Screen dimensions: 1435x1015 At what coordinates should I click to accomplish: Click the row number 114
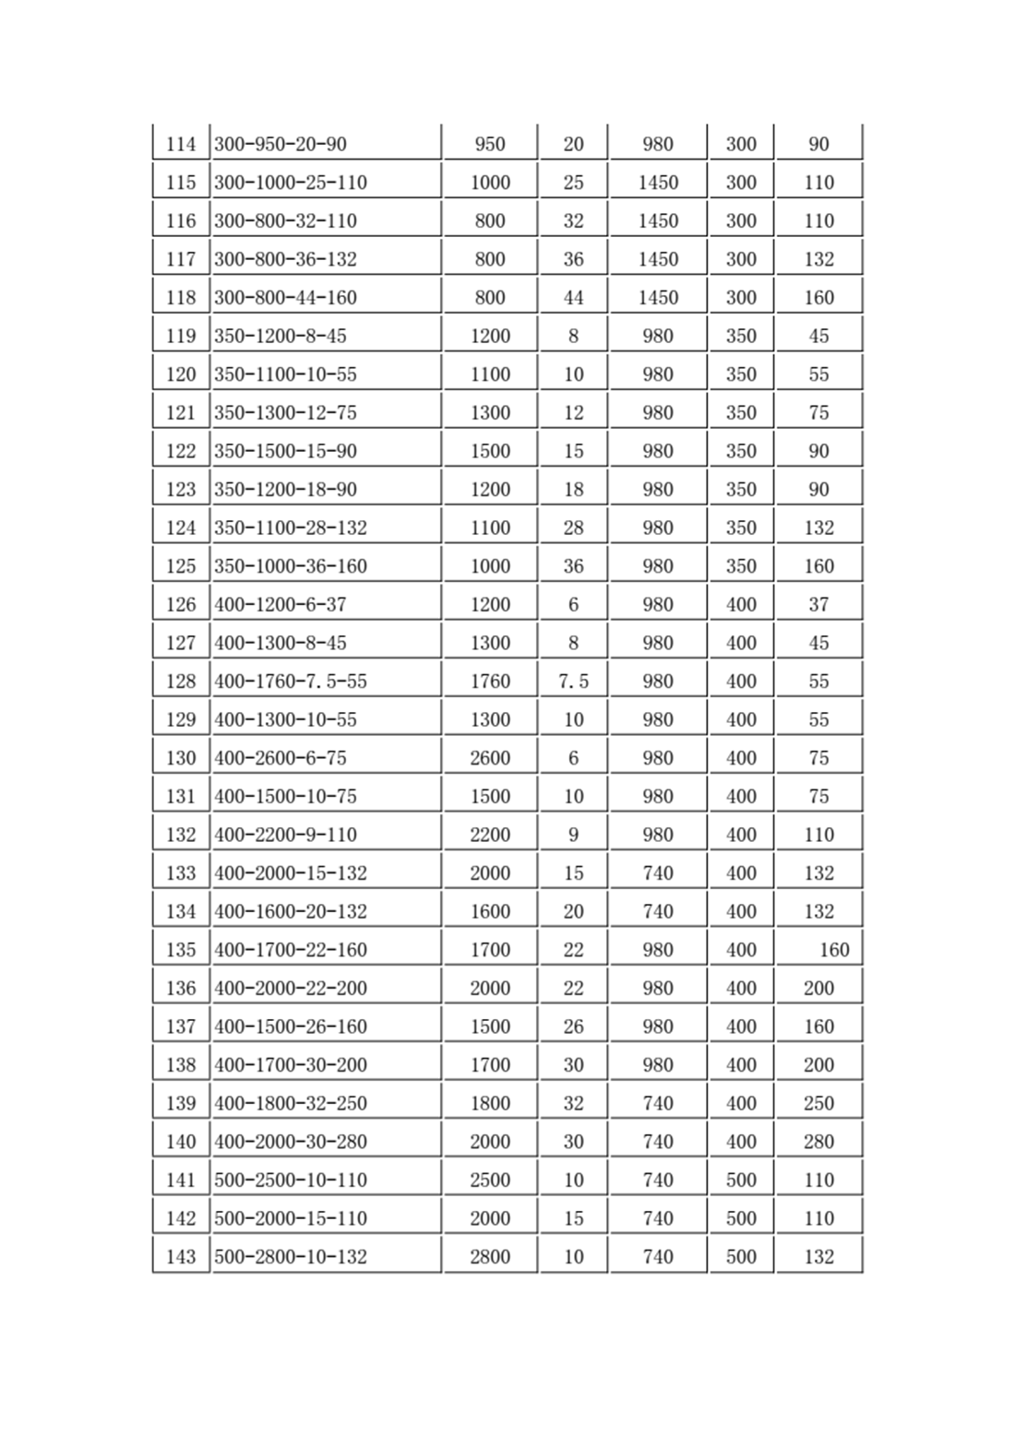(181, 144)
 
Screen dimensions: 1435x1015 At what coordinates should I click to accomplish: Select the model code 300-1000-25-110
(291, 183)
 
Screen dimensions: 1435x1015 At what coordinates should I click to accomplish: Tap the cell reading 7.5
(573, 682)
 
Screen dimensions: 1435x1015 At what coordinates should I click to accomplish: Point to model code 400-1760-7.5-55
(291, 682)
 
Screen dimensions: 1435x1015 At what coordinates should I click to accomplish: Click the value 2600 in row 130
(490, 758)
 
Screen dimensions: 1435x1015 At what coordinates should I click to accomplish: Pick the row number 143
(181, 1256)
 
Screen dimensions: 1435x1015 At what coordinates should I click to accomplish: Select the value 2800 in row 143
(490, 1256)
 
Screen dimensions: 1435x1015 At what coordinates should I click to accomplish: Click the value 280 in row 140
(818, 1142)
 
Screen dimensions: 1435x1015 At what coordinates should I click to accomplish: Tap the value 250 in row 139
(818, 1103)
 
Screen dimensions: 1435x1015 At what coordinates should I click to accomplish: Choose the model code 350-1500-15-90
(285, 451)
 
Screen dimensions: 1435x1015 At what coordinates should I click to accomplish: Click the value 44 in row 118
(573, 298)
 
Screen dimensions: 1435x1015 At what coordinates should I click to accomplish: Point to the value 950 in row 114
(490, 144)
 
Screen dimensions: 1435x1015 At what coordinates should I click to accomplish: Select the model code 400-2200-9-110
(285, 835)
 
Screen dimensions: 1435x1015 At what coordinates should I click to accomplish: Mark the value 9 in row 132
(573, 835)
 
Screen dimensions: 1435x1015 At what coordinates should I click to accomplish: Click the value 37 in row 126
(818, 605)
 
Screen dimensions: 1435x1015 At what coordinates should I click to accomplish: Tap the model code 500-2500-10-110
(291, 1180)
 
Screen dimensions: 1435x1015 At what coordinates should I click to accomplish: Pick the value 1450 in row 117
(658, 259)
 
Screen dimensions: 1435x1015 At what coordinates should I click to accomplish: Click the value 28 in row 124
(573, 528)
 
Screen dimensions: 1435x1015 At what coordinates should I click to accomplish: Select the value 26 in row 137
(573, 1026)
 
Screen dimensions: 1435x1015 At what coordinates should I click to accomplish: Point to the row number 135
(181, 950)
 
